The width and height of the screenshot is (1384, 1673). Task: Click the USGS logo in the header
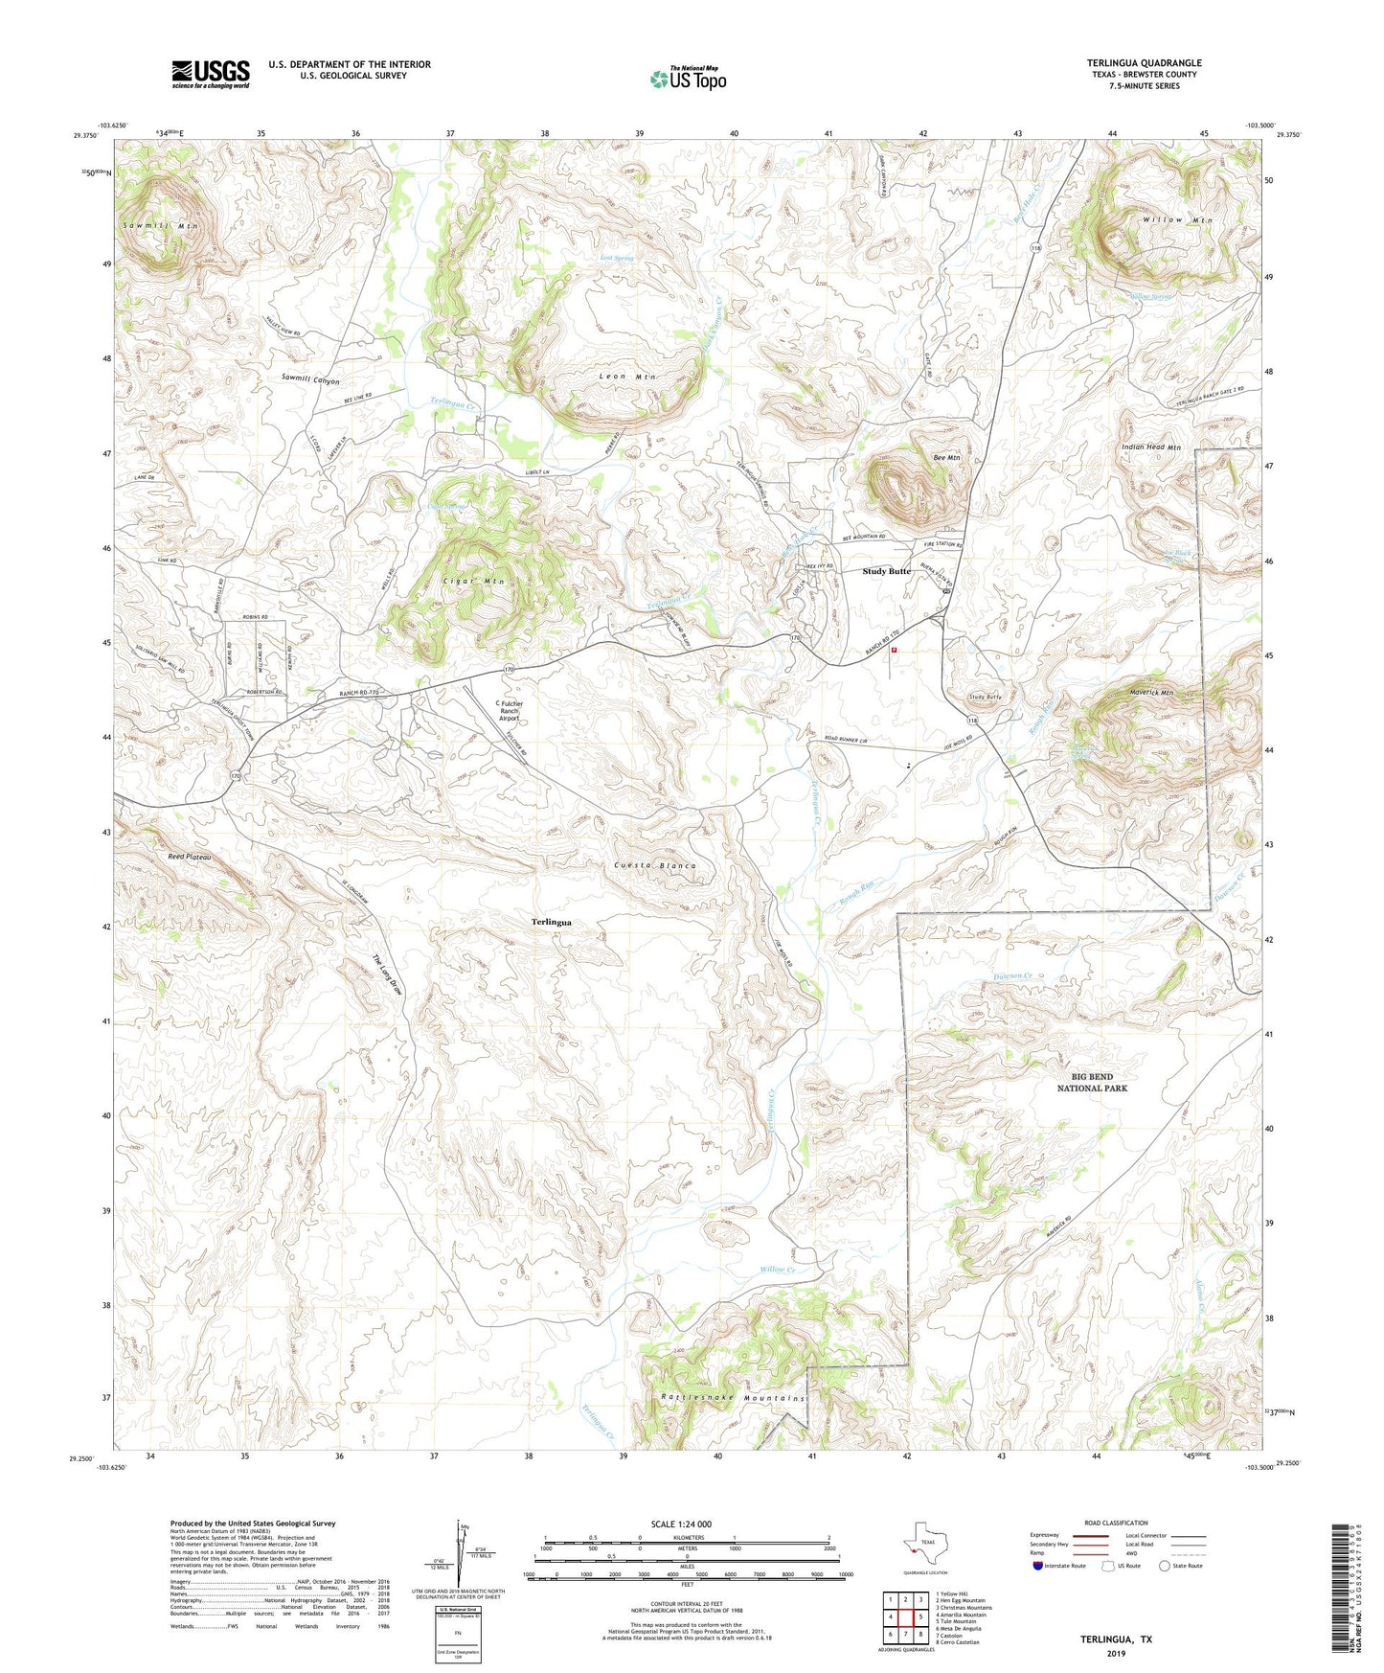(211, 74)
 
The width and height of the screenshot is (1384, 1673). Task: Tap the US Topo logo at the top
(688, 79)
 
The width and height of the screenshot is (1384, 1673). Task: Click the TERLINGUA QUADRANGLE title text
(1144, 63)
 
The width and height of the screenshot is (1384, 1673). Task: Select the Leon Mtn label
(627, 377)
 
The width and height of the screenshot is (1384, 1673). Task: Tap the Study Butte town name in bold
(887, 572)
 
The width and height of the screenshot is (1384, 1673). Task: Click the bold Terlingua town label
(552, 922)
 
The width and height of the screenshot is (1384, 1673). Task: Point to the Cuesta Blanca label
(655, 865)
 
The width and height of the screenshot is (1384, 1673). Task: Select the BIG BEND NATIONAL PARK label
(1092, 1083)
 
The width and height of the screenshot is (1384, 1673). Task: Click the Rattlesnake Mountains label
(733, 1398)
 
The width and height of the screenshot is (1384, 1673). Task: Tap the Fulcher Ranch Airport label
(509, 710)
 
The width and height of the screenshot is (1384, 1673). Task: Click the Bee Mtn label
(946, 458)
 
